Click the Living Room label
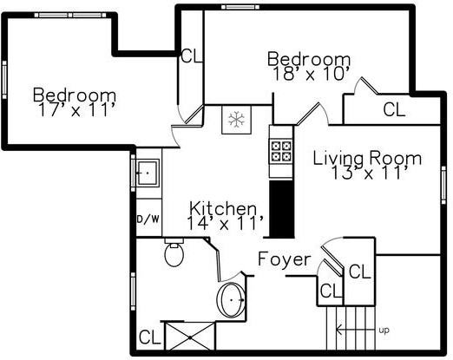point(367,158)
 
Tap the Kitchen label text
point(224,208)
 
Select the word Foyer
point(284,259)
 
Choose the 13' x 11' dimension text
point(369,173)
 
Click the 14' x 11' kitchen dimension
point(224,223)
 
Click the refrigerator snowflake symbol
point(234,120)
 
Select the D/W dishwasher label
point(148,219)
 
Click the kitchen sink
point(148,173)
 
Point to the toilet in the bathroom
point(174,254)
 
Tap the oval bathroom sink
point(233,299)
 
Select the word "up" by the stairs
point(384,330)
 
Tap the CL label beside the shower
point(148,337)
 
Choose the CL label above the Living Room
point(394,110)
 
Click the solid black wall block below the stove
point(281,208)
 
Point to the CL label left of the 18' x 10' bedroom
point(190,56)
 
